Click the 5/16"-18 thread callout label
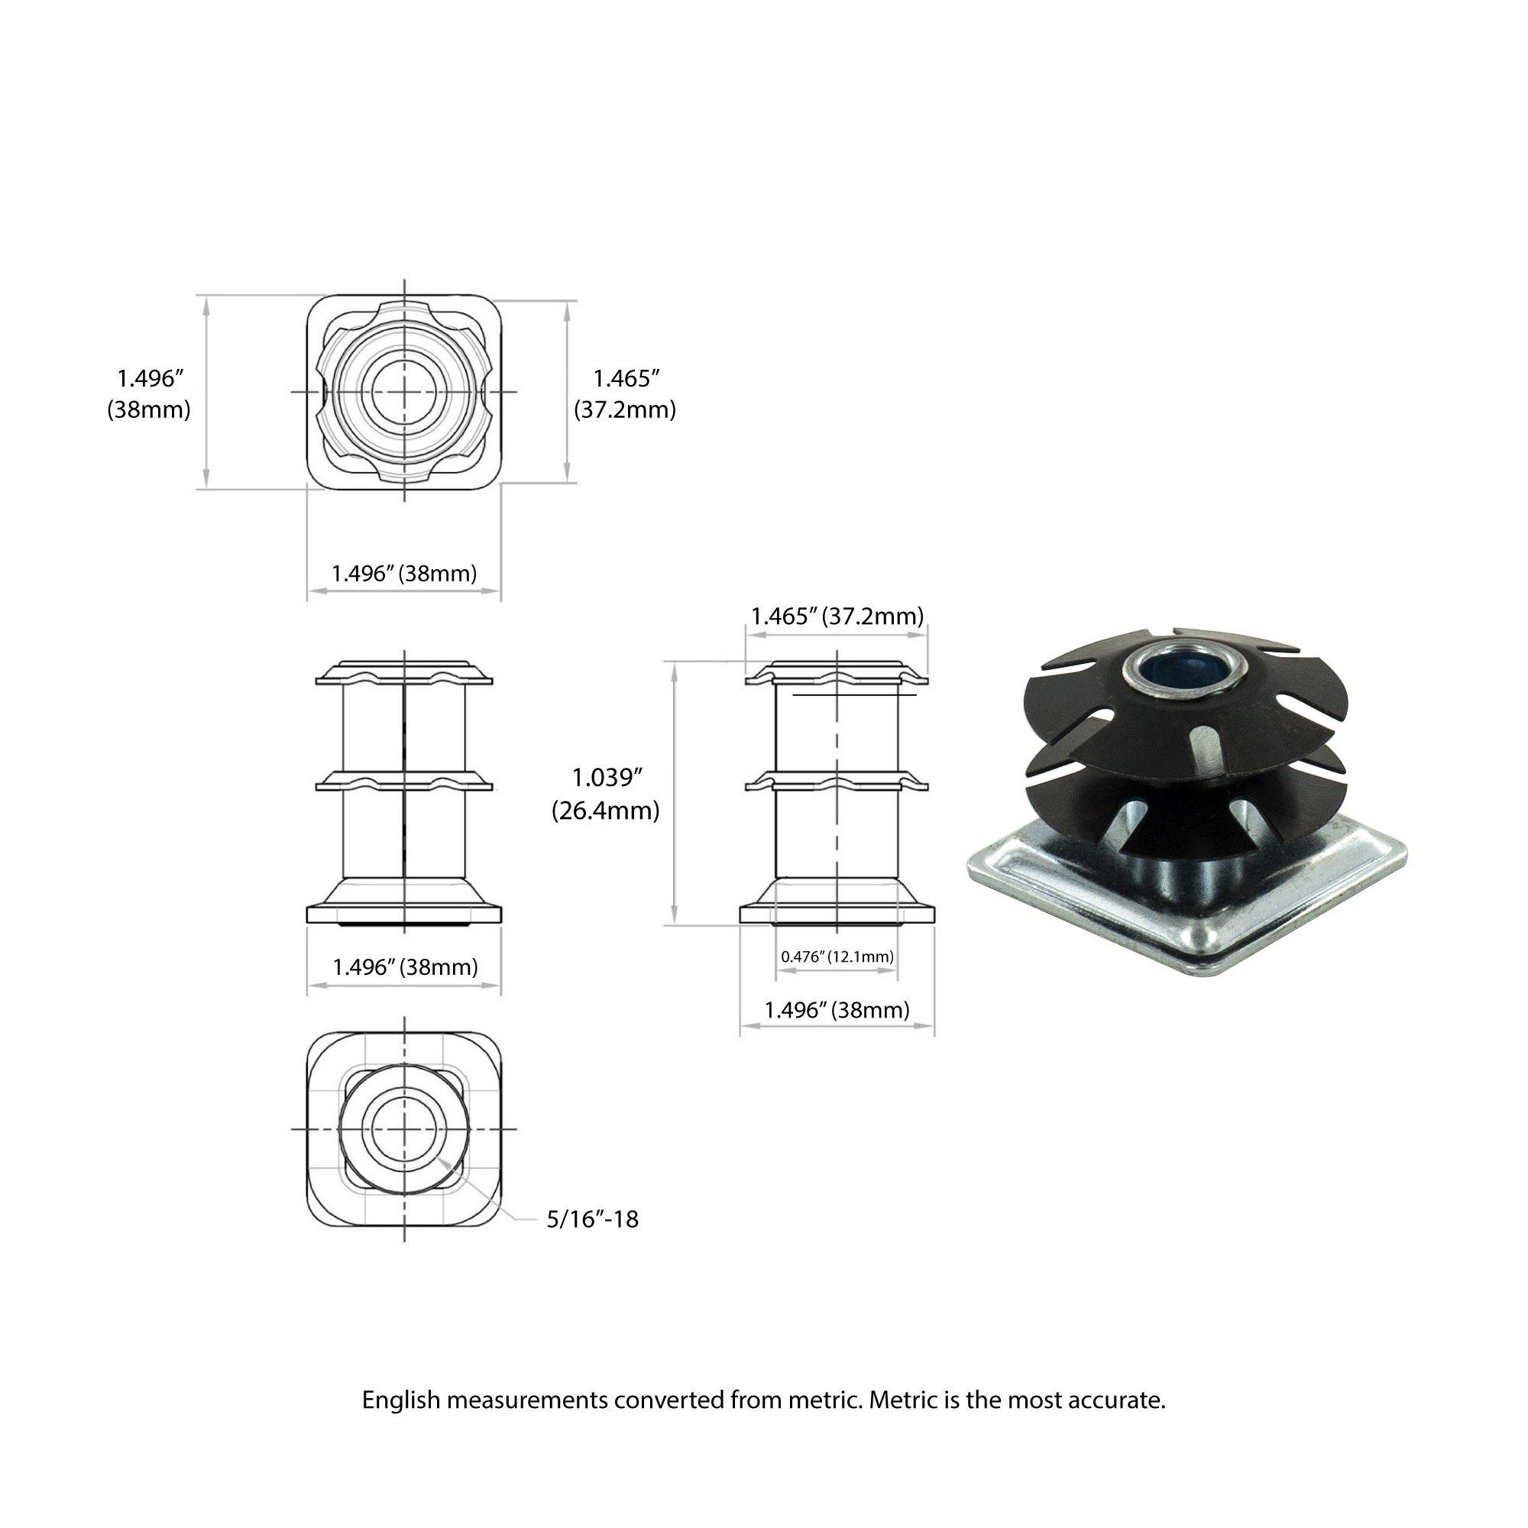click(x=592, y=1219)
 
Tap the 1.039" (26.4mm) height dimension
click(x=605, y=794)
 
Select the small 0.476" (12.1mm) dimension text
click(x=837, y=957)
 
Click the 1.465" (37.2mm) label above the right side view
click(x=837, y=616)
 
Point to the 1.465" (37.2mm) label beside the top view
click(x=625, y=394)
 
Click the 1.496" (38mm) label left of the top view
click(x=150, y=394)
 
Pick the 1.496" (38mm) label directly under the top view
click(x=404, y=574)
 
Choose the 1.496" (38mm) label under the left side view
click(x=405, y=966)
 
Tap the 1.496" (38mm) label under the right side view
click(x=837, y=1010)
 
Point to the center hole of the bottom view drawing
click(x=404, y=1128)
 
